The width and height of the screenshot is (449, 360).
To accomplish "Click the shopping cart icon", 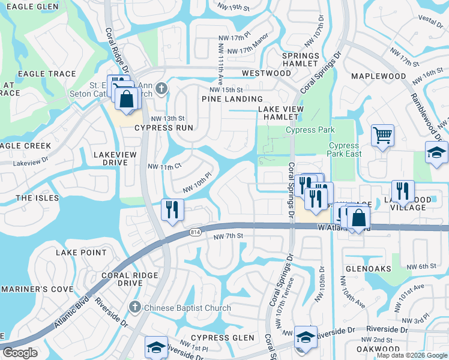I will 382,135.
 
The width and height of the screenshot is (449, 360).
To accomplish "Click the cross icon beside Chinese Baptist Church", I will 134,307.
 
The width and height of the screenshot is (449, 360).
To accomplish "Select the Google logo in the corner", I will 20,353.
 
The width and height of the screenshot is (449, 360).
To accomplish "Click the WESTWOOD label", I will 266,73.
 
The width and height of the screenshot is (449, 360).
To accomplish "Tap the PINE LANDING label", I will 232,99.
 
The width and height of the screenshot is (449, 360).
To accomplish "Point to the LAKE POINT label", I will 81,253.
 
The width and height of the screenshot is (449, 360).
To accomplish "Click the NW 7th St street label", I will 228,236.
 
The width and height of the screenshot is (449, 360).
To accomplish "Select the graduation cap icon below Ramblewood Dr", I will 436,152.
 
